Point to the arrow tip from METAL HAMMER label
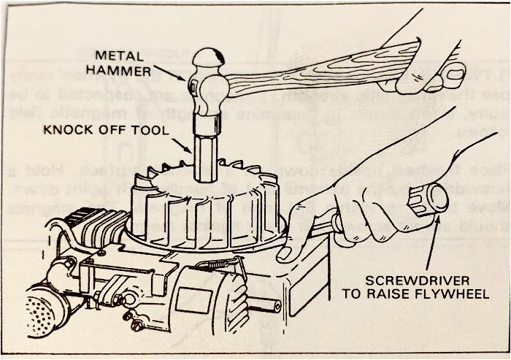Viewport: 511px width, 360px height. click(x=187, y=80)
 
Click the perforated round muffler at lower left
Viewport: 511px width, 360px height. click(x=46, y=310)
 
